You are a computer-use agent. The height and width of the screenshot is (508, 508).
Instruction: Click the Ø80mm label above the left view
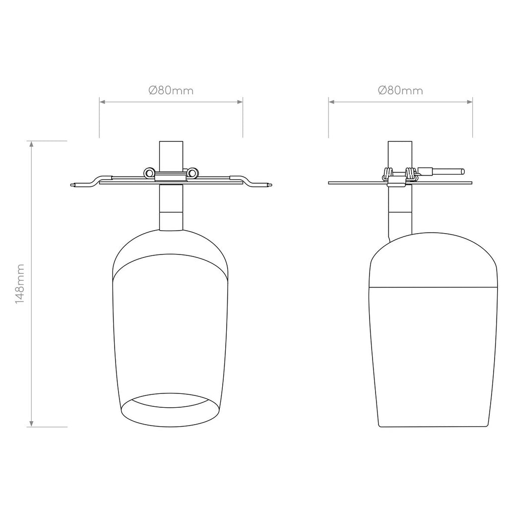tap(171, 90)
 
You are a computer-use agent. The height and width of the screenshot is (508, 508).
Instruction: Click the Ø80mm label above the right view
tap(400, 90)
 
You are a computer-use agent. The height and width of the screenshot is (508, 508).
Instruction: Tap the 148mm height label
tap(20, 284)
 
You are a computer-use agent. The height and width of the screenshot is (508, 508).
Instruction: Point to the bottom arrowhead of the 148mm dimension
tap(31, 424)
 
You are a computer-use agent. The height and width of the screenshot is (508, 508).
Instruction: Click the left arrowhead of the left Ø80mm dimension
tap(102, 102)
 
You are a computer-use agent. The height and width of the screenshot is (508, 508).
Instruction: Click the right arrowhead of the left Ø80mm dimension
tap(240, 102)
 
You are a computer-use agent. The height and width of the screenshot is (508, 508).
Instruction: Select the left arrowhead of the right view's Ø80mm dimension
tap(331, 102)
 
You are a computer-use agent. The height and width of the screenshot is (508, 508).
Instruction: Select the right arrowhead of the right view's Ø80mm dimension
tap(469, 102)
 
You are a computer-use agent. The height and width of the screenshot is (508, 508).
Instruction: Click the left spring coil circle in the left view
tap(149, 173)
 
